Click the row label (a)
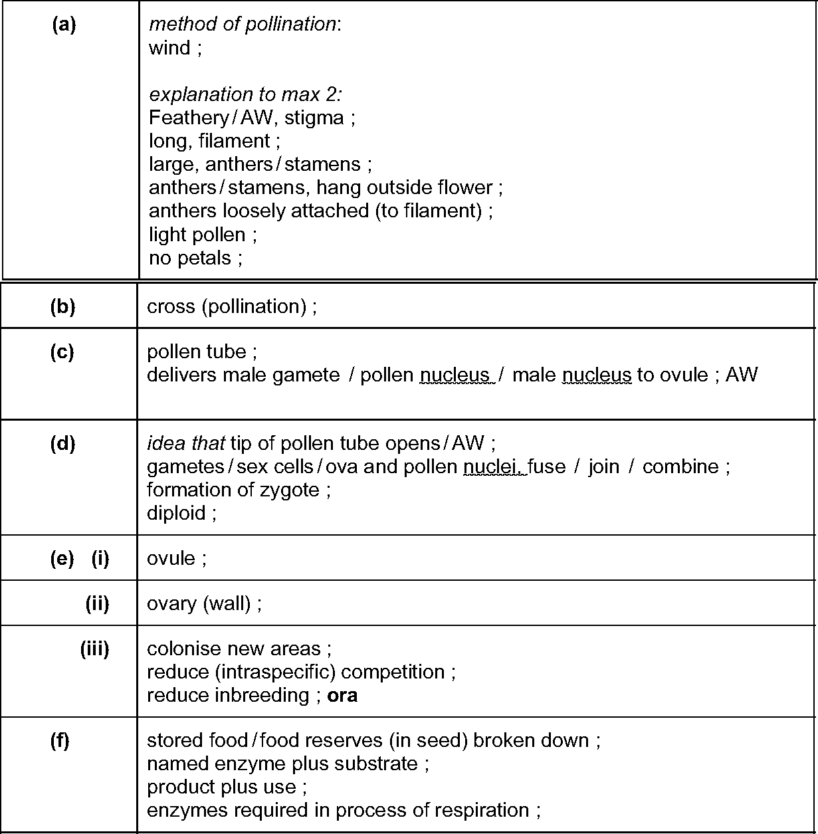[x=64, y=25]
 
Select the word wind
[x=169, y=48]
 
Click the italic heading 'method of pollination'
[x=243, y=25]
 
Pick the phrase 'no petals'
[x=190, y=258]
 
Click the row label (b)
[x=62, y=306]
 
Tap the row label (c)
[x=62, y=352]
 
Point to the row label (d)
[x=62, y=443]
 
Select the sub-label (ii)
[x=97, y=603]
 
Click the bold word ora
[x=343, y=696]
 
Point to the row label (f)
[x=60, y=741]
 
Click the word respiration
[x=481, y=811]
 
